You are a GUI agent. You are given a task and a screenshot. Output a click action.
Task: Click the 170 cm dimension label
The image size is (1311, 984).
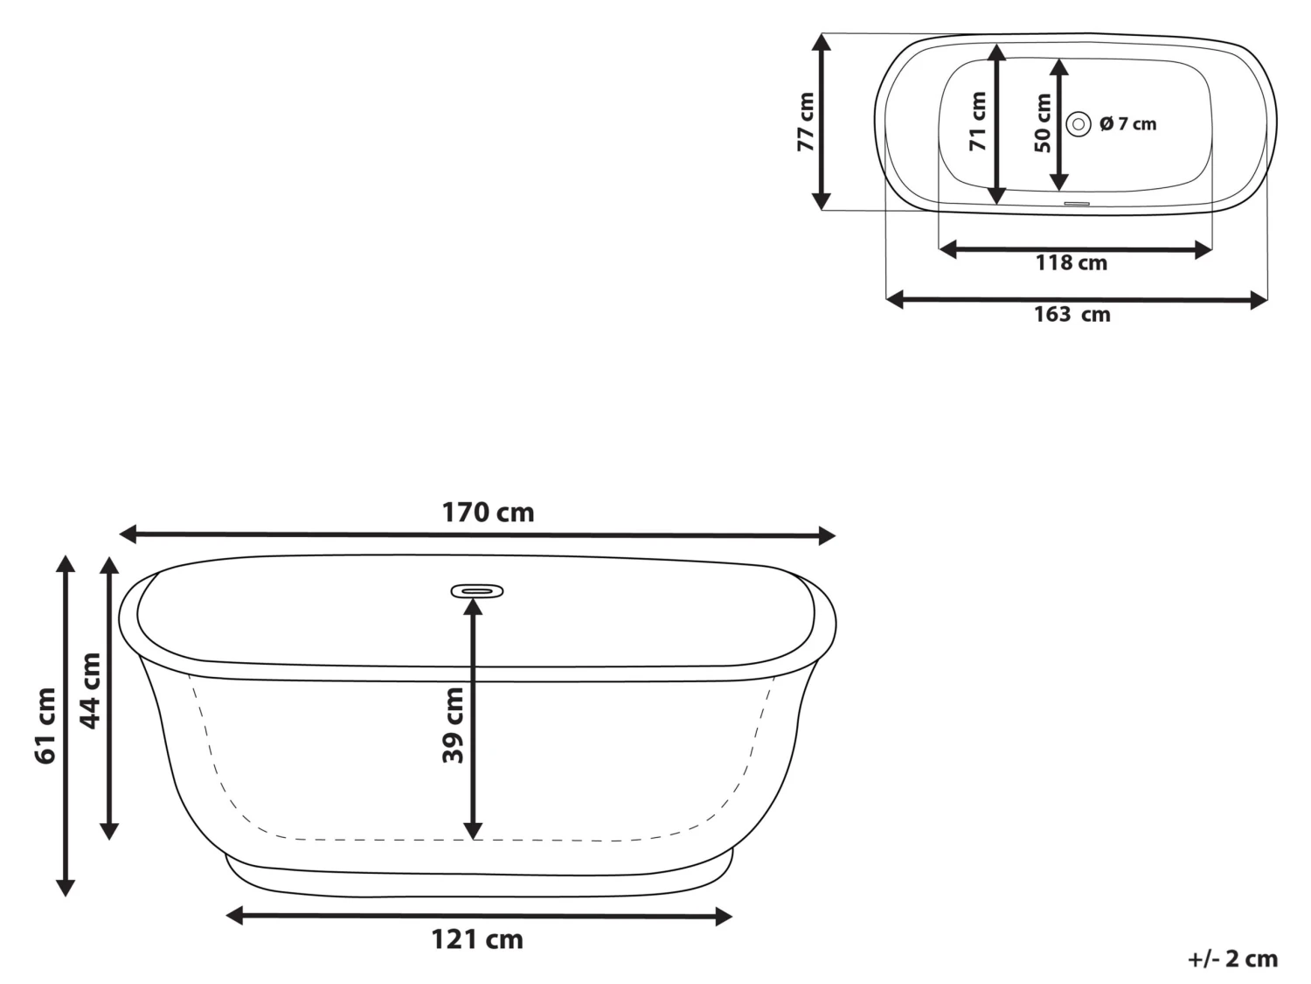(488, 512)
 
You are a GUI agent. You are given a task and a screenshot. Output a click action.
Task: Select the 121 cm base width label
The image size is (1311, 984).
(477, 939)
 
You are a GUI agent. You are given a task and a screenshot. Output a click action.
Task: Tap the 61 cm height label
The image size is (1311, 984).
(45, 725)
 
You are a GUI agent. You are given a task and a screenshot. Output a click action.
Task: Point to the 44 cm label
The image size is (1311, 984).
(90, 690)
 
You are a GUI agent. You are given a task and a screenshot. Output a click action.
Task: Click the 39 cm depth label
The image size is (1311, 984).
(453, 725)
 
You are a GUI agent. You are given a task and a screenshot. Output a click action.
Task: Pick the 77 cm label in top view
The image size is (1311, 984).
(805, 122)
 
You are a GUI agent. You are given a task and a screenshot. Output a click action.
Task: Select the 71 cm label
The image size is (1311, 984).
(978, 122)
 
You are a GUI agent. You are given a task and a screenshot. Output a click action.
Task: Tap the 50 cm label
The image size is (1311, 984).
(1043, 123)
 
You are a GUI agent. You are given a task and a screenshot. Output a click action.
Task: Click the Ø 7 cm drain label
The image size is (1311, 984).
(1127, 124)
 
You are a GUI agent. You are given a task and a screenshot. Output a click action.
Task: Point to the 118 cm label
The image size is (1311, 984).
(1072, 262)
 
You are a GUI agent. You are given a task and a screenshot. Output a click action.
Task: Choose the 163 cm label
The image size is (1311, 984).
(1072, 314)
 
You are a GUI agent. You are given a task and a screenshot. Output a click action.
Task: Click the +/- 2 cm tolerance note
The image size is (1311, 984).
(1232, 959)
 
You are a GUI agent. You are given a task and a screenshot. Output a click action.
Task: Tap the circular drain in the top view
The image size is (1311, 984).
(1079, 124)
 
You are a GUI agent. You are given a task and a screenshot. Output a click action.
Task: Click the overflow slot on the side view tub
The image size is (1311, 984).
(477, 591)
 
